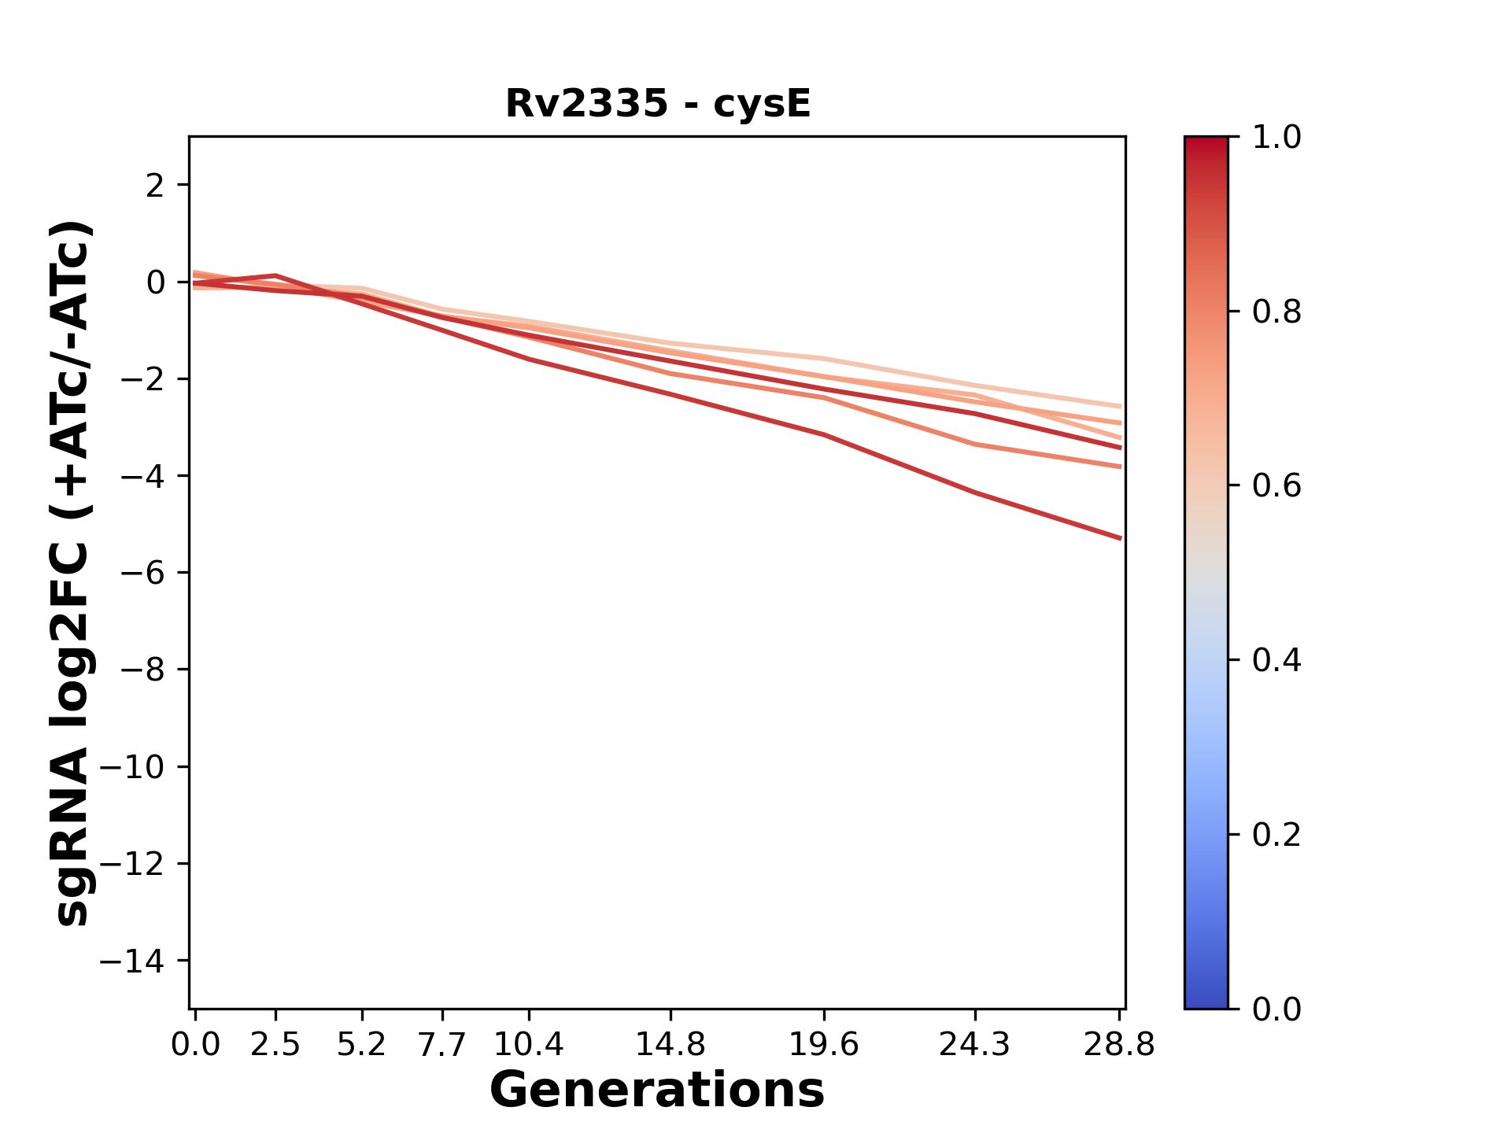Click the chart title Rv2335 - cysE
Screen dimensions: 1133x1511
(x=657, y=104)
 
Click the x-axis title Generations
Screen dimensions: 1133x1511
(x=657, y=1091)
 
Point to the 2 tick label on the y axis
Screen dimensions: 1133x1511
(x=157, y=186)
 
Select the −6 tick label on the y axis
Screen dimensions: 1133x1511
(x=142, y=573)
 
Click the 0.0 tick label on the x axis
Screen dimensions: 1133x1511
(x=195, y=1045)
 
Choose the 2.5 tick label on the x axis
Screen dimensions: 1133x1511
(x=275, y=1045)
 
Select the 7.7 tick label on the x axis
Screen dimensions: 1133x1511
(x=443, y=1045)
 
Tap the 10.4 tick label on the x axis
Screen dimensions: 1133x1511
(x=529, y=1045)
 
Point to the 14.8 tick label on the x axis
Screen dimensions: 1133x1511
(x=671, y=1045)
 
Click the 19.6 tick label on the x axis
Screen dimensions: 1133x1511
(x=824, y=1045)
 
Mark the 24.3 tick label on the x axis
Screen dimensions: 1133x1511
(x=975, y=1045)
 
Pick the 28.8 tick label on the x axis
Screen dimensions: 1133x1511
(x=1119, y=1045)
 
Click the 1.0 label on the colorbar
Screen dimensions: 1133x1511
(x=1276, y=138)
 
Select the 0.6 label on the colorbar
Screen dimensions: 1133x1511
(x=1276, y=486)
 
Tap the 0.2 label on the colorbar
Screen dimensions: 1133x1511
(x=1276, y=835)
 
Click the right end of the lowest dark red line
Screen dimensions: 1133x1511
(x=1120, y=538)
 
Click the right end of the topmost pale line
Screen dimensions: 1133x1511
(x=1120, y=407)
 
